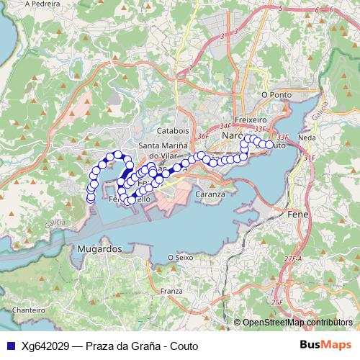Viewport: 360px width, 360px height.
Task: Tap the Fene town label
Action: pyautogui.click(x=298, y=215)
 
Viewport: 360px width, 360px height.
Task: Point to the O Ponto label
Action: pyautogui.click(x=277, y=94)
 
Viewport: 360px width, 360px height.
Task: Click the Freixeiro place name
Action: pyautogui.click(x=250, y=120)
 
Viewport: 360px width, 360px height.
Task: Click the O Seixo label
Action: pyautogui.click(x=180, y=257)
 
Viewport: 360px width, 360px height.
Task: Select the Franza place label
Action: pyautogui.click(x=172, y=291)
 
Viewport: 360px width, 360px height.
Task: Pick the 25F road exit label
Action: pyautogui.click(x=276, y=302)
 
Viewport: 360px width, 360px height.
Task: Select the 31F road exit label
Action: pyautogui.click(x=309, y=157)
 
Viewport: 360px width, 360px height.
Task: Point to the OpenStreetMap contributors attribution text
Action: pyautogui.click(x=297, y=323)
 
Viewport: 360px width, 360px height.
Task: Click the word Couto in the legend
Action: pyautogui.click(x=181, y=345)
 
